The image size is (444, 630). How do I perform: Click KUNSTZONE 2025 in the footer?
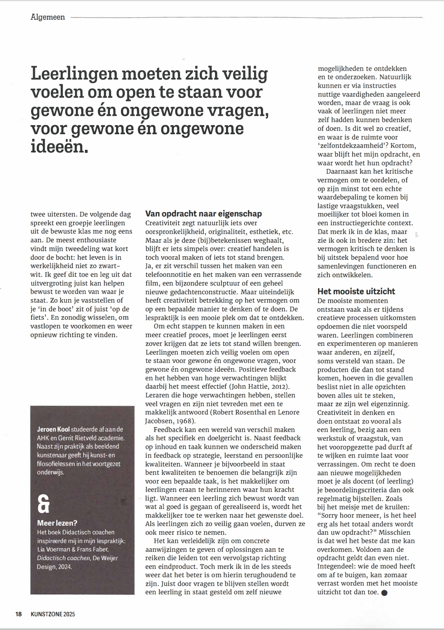click(53, 614)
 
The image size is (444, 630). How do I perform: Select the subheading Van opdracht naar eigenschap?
click(204, 214)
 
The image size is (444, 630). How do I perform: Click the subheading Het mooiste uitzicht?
click(356, 291)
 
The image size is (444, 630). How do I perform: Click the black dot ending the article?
click(384, 592)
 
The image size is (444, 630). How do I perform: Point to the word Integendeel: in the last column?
click(336, 566)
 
